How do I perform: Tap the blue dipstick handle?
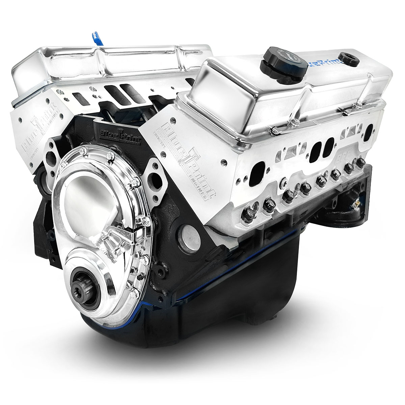point(95,35)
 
